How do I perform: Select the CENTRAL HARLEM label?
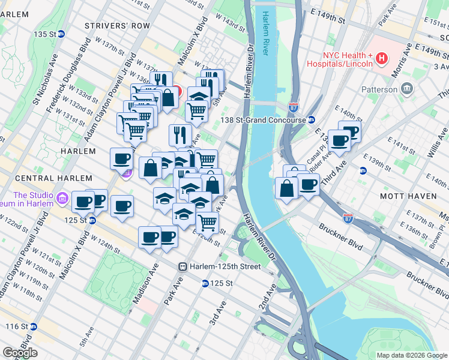pos(53,178)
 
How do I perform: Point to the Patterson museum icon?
pos(406,89)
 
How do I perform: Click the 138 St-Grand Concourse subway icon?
pos(312,120)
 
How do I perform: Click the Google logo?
pos(20,353)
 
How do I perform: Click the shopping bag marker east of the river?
pos(287,188)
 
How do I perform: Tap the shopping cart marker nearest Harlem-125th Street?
pos(207,222)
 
